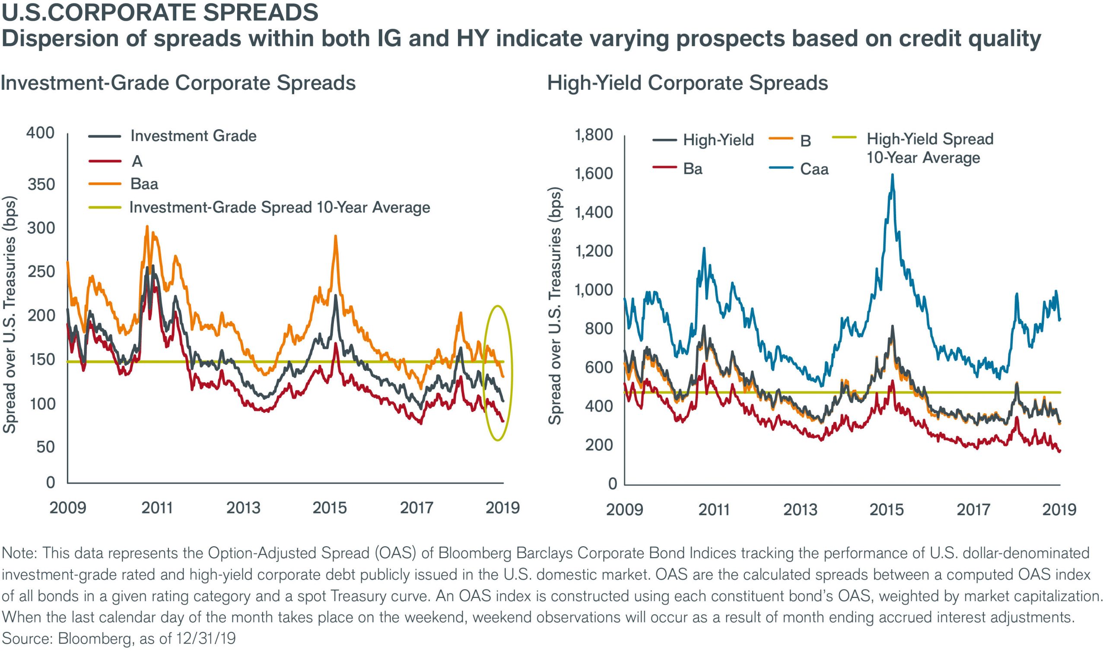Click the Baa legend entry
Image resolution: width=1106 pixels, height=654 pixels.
click(x=143, y=184)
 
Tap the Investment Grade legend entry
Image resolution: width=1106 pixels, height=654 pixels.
click(x=193, y=136)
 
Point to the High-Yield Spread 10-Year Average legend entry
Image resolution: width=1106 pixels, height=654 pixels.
click(x=929, y=148)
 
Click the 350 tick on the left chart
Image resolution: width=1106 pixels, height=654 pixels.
click(x=41, y=184)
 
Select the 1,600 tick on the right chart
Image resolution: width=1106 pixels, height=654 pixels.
click(x=593, y=174)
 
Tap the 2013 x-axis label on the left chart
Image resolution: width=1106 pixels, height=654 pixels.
click(x=243, y=508)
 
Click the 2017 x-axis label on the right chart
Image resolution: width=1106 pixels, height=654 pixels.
click(x=973, y=510)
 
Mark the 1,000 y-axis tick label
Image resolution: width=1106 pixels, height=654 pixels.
click(x=593, y=290)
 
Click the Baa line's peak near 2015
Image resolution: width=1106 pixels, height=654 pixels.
click(x=336, y=236)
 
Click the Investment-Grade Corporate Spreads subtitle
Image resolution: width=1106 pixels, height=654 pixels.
click(x=178, y=83)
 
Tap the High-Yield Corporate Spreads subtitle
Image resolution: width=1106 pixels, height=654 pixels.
click(x=687, y=83)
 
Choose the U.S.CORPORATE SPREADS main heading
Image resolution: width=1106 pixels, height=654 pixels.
click(x=159, y=13)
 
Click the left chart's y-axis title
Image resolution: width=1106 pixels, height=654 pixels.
click(x=10, y=315)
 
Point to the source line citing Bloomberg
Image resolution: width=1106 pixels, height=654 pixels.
click(x=119, y=638)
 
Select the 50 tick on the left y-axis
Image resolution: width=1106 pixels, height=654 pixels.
click(x=45, y=447)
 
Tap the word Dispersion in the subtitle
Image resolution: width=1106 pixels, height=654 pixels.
click(x=58, y=39)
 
